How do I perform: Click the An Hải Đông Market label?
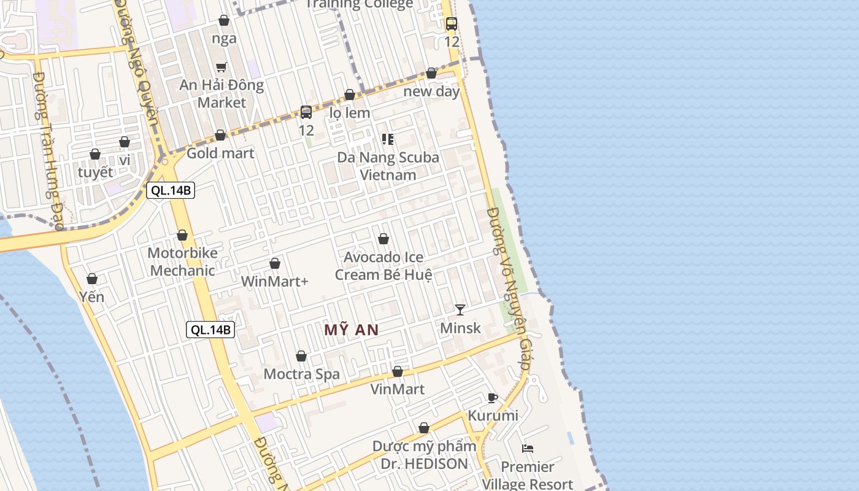[221, 94]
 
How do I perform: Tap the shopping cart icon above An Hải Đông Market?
[221, 67]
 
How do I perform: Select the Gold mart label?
[220, 153]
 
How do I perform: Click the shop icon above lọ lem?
[350, 95]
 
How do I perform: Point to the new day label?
[431, 91]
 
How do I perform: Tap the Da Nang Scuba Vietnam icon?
[388, 139]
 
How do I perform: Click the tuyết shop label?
[95, 172]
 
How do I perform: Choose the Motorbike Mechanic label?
[182, 261]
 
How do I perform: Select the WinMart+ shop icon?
[275, 263]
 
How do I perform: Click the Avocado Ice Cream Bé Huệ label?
[383, 266]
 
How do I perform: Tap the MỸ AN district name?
[352, 330]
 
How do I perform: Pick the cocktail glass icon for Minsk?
[460, 309]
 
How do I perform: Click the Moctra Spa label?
[301, 374]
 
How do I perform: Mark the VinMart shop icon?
[398, 371]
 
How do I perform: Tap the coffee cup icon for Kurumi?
[492, 398]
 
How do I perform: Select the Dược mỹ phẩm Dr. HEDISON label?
[424, 455]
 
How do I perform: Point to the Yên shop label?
[92, 296]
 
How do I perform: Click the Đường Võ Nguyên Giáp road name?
[509, 288]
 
